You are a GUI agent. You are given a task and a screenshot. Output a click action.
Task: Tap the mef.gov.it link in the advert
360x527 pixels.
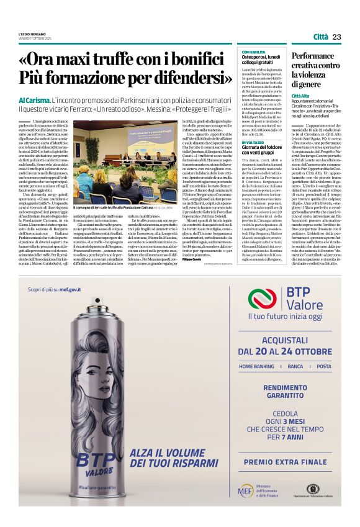71,289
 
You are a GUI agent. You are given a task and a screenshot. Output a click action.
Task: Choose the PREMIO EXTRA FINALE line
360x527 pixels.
285,462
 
